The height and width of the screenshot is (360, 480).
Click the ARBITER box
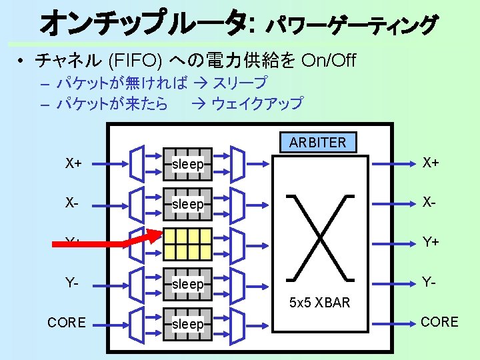[x=318, y=142]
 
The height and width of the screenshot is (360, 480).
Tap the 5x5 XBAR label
[x=319, y=303]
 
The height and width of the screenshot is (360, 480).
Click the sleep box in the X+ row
[x=187, y=164]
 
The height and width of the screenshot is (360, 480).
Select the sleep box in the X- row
[x=187, y=204]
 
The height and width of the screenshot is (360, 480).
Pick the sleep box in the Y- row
[x=187, y=284]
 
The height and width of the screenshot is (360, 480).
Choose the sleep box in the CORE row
[x=187, y=324]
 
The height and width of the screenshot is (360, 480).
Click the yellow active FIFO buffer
[x=187, y=244]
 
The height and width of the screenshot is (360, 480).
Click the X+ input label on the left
[x=74, y=163]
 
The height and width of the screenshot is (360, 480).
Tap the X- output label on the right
[x=429, y=203]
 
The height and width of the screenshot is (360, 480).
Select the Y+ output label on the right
[x=429, y=243]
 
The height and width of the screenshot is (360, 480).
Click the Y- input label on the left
[x=74, y=283]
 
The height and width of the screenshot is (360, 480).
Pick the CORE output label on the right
[x=439, y=322]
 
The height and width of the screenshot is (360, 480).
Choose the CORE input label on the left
[x=67, y=323]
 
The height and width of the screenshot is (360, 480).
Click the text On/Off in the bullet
[x=329, y=61]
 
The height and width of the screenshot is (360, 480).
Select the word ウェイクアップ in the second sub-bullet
[x=257, y=103]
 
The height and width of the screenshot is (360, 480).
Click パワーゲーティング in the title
[x=352, y=25]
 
